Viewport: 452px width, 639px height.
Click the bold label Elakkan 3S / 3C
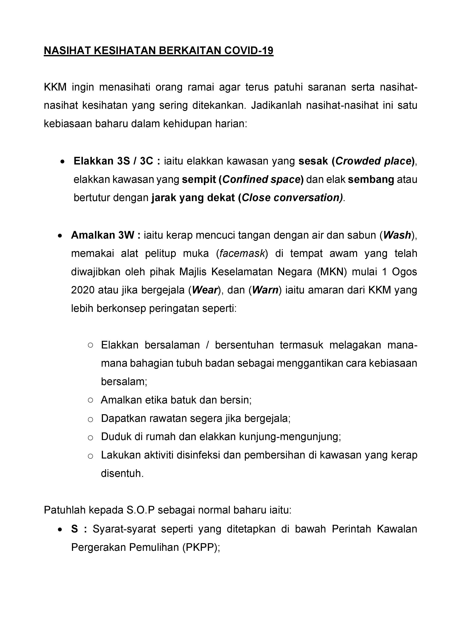[x=117, y=161]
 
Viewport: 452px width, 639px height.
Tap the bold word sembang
[x=371, y=179]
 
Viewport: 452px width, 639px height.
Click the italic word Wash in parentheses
[x=397, y=235]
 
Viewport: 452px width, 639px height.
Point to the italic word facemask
[x=242, y=254]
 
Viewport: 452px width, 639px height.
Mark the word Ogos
[x=404, y=272]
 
